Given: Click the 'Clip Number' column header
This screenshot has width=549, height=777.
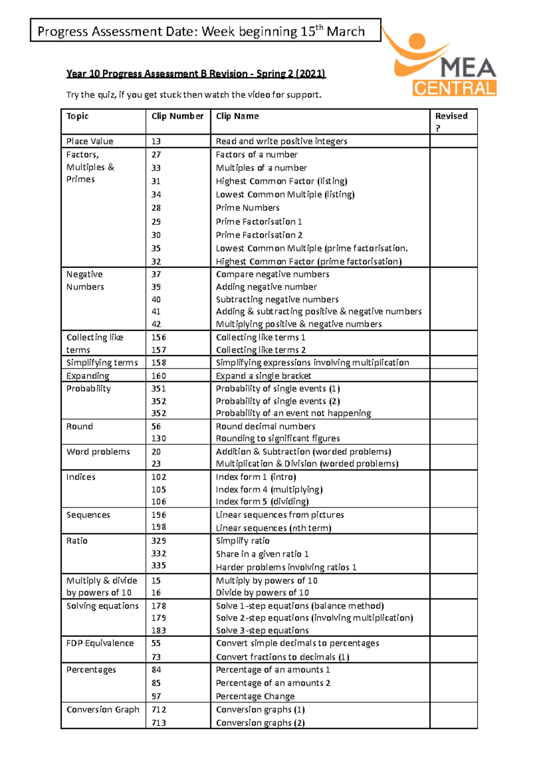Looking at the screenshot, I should (178, 116).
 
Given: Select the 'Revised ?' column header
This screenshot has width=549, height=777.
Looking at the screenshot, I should (451, 121).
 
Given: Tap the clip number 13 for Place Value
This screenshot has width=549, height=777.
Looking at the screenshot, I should (156, 141).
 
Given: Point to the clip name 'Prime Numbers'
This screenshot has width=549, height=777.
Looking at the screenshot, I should (248, 208).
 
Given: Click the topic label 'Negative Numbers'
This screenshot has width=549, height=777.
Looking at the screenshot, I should (85, 281).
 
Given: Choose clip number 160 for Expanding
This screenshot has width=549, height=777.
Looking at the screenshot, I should (159, 376).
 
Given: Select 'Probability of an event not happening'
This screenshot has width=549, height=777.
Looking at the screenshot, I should (293, 413).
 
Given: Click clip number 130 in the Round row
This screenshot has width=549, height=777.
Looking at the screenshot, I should (159, 438).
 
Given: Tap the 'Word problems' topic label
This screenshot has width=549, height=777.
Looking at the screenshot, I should (98, 452).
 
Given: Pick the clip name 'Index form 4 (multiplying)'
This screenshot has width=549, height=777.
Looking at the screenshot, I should (269, 490).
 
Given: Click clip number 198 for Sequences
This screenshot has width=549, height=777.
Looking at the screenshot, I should (159, 527).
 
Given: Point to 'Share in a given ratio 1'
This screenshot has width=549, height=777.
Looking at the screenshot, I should (262, 554).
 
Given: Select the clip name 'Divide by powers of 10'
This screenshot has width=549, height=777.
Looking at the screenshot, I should (262, 593).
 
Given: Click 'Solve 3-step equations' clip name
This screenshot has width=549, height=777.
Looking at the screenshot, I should (262, 631).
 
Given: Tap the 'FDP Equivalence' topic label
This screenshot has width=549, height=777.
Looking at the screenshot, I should (100, 643).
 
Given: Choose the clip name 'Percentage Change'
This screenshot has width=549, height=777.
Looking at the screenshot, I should (255, 696).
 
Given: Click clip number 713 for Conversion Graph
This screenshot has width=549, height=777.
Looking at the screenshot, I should (159, 723).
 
